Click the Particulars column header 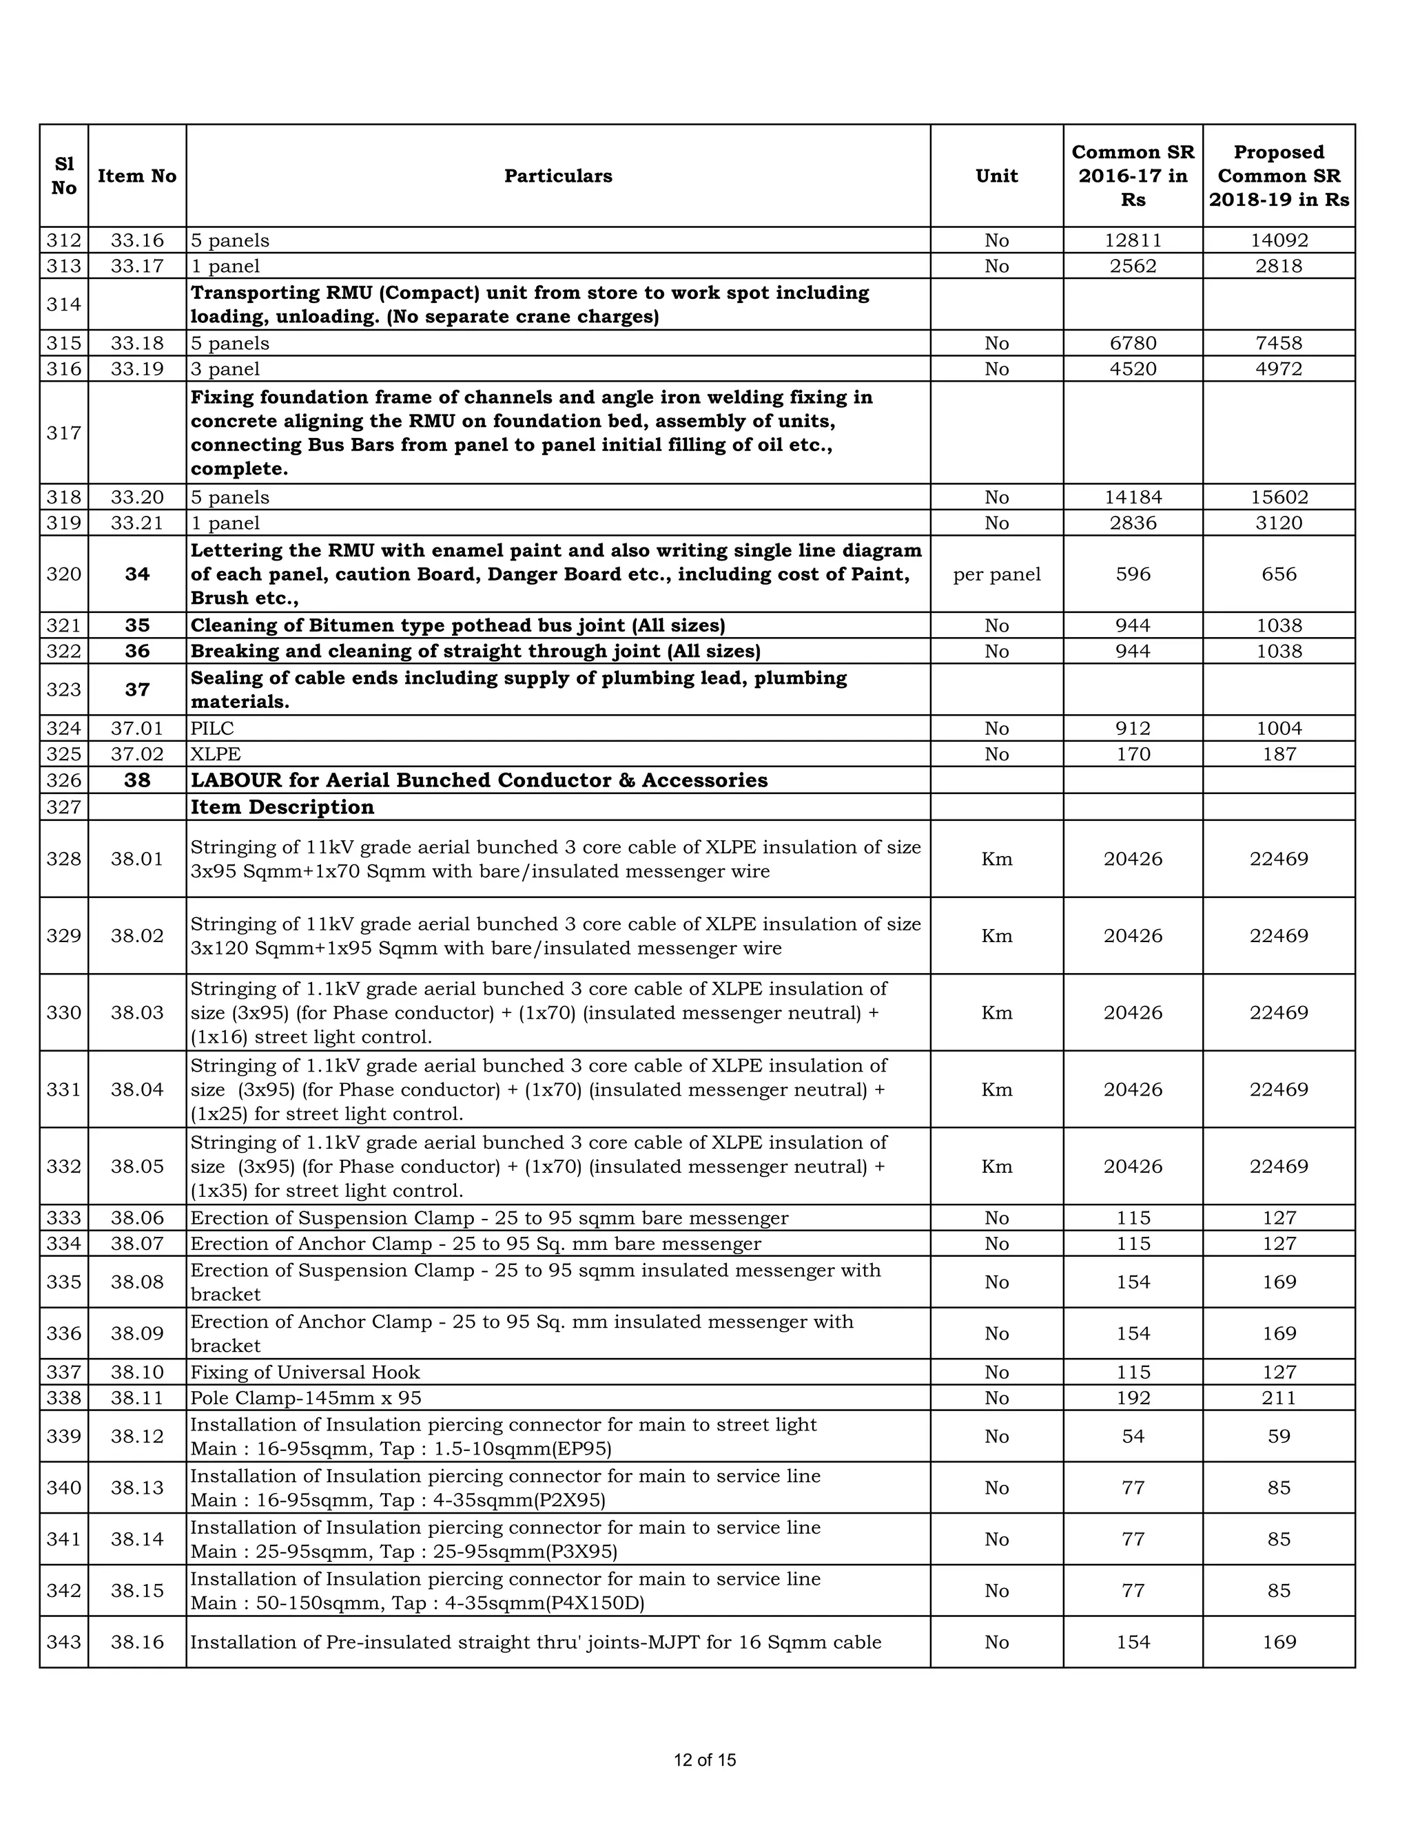557,176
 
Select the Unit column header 996,176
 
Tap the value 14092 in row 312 1278,240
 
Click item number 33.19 137,369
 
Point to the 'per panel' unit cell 996,574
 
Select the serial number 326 63,780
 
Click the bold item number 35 137,626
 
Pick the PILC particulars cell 212,729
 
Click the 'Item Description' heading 282,807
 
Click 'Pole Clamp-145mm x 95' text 306,1398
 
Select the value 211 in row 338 1278,1398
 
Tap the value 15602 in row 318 1278,498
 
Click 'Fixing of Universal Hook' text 305,1372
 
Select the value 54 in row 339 1133,1437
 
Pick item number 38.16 137,1642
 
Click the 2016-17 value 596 1133,574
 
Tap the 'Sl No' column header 63,176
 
